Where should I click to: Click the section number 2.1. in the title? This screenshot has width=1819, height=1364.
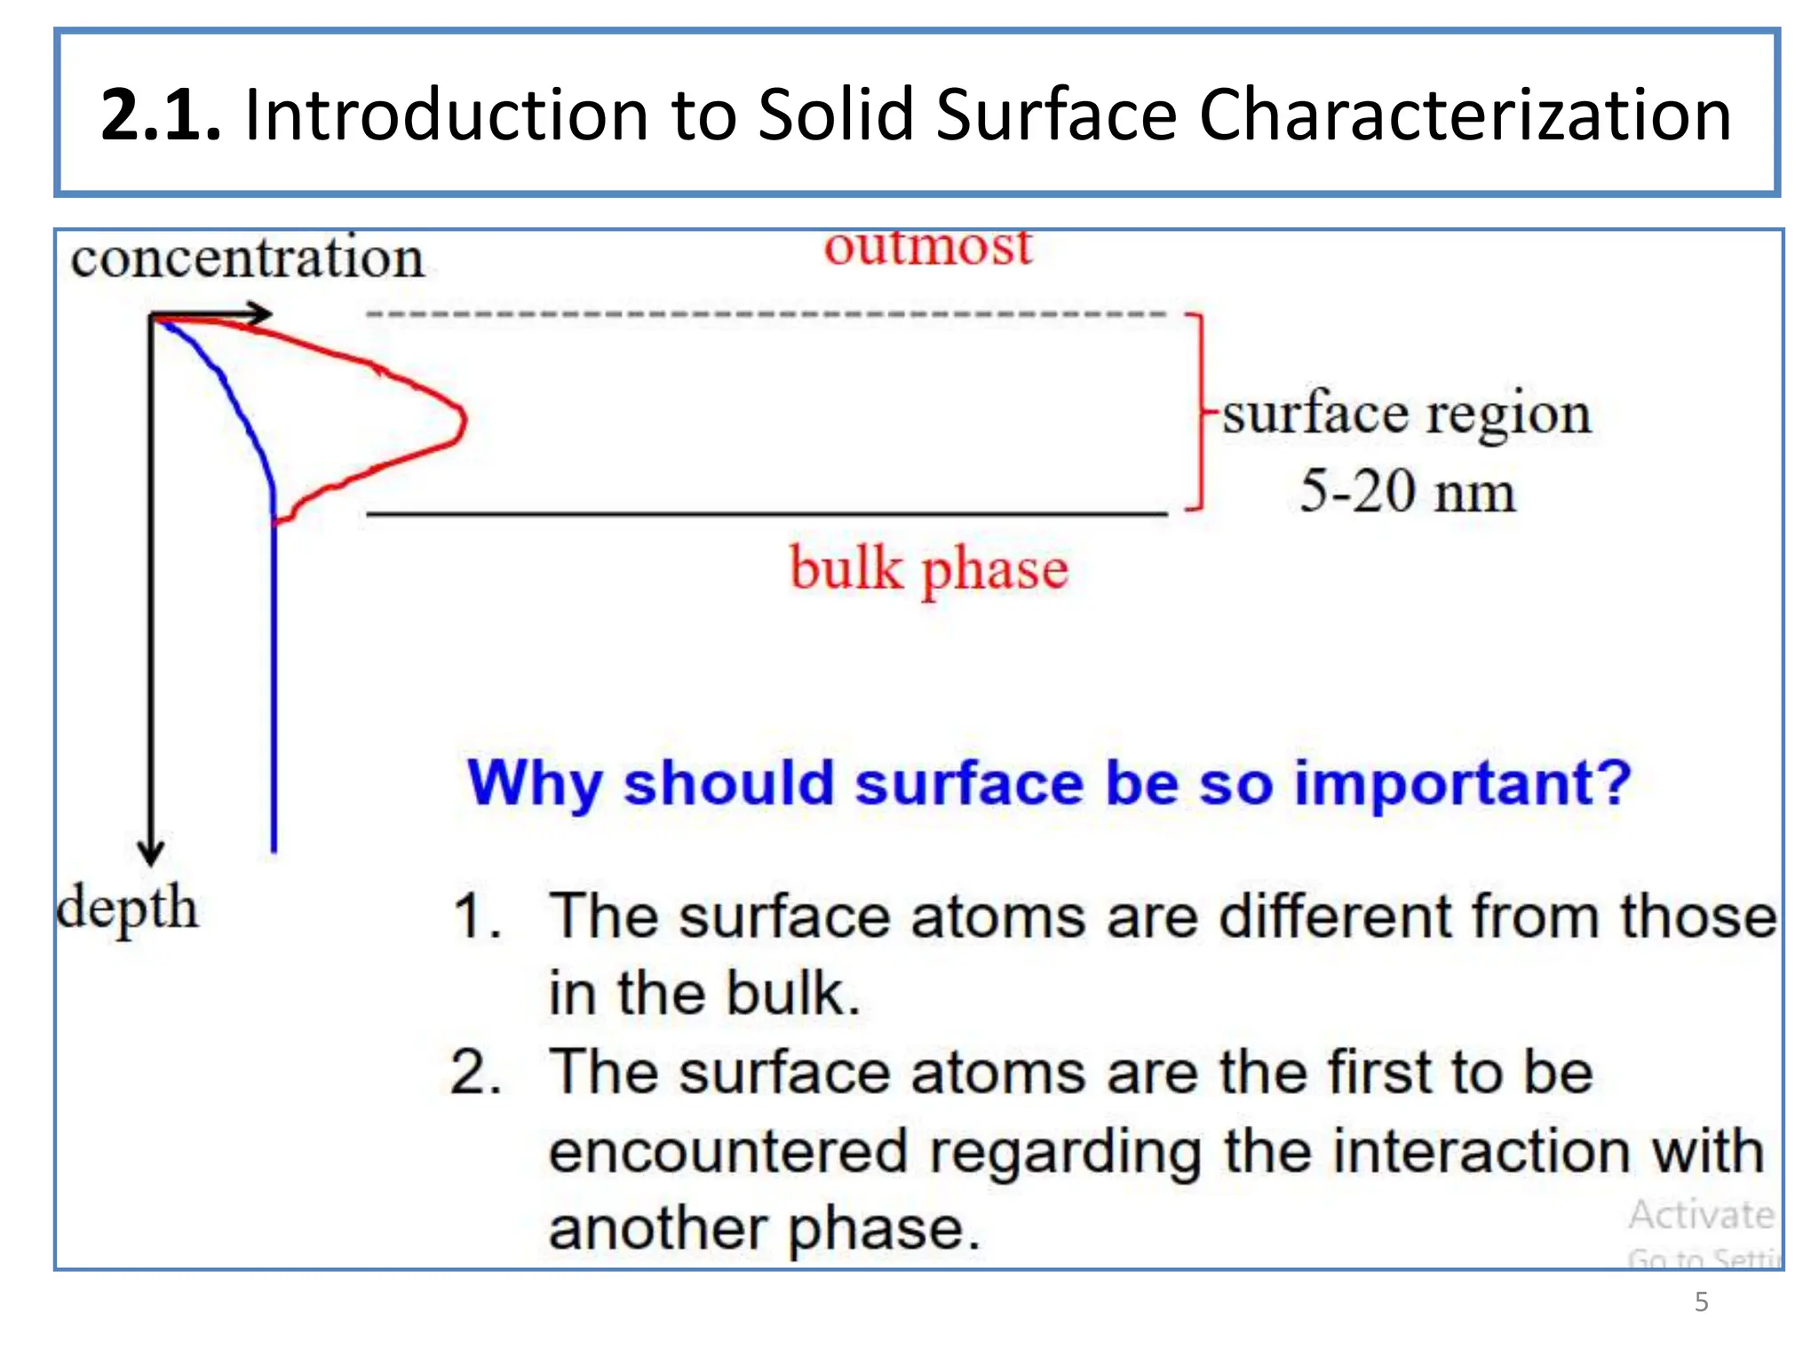pyautogui.click(x=160, y=115)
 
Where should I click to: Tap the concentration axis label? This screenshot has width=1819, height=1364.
pyautogui.click(x=247, y=258)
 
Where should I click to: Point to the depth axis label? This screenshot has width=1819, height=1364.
pyautogui.click(x=127, y=908)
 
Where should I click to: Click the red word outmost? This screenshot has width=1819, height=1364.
pyautogui.click(x=928, y=247)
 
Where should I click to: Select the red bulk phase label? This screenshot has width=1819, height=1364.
pyautogui.click(x=929, y=568)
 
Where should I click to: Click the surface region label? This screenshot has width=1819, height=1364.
pyautogui.click(x=1407, y=414)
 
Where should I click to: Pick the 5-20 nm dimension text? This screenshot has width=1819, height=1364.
pyautogui.click(x=1407, y=491)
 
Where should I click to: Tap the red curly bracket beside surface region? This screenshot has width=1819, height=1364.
pyautogui.click(x=1198, y=412)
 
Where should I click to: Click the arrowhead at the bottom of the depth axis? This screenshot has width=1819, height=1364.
pyautogui.click(x=151, y=854)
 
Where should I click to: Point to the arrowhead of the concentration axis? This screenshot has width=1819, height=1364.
pyautogui.click(x=261, y=313)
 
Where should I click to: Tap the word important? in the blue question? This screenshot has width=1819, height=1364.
pyautogui.click(x=1462, y=783)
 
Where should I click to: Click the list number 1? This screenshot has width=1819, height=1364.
pyautogui.click(x=477, y=916)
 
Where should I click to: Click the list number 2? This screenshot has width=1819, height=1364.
pyautogui.click(x=476, y=1073)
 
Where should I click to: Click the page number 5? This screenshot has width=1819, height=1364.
pyautogui.click(x=1701, y=1302)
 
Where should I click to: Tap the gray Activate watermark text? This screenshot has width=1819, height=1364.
pyautogui.click(x=1701, y=1215)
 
